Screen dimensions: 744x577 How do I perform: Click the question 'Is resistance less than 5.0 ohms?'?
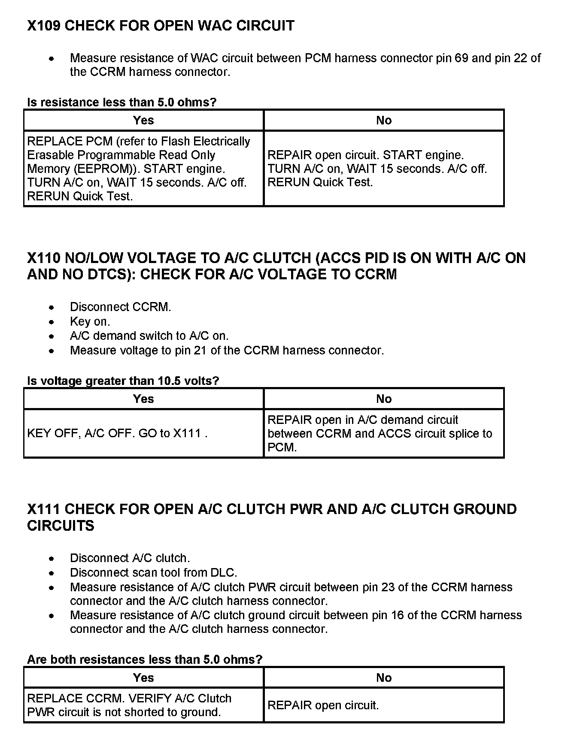[122, 102]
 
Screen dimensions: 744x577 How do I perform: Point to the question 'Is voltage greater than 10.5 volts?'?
[123, 381]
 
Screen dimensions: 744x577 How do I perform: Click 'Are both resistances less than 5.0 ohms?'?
[145, 659]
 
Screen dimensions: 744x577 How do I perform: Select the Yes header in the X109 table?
[143, 121]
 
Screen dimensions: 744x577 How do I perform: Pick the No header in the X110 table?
[384, 399]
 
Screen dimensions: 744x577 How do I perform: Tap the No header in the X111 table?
[384, 678]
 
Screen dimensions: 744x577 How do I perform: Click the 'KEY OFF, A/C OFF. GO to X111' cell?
[117, 433]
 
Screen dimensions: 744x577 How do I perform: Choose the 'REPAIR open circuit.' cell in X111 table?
[323, 705]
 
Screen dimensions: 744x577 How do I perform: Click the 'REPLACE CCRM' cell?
[129, 705]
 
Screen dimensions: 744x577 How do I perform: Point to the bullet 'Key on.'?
[90, 321]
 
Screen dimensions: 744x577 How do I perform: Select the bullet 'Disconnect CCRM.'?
[121, 307]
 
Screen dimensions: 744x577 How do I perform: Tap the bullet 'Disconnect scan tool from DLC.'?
[154, 572]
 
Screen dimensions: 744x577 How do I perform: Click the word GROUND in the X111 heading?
[486, 509]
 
